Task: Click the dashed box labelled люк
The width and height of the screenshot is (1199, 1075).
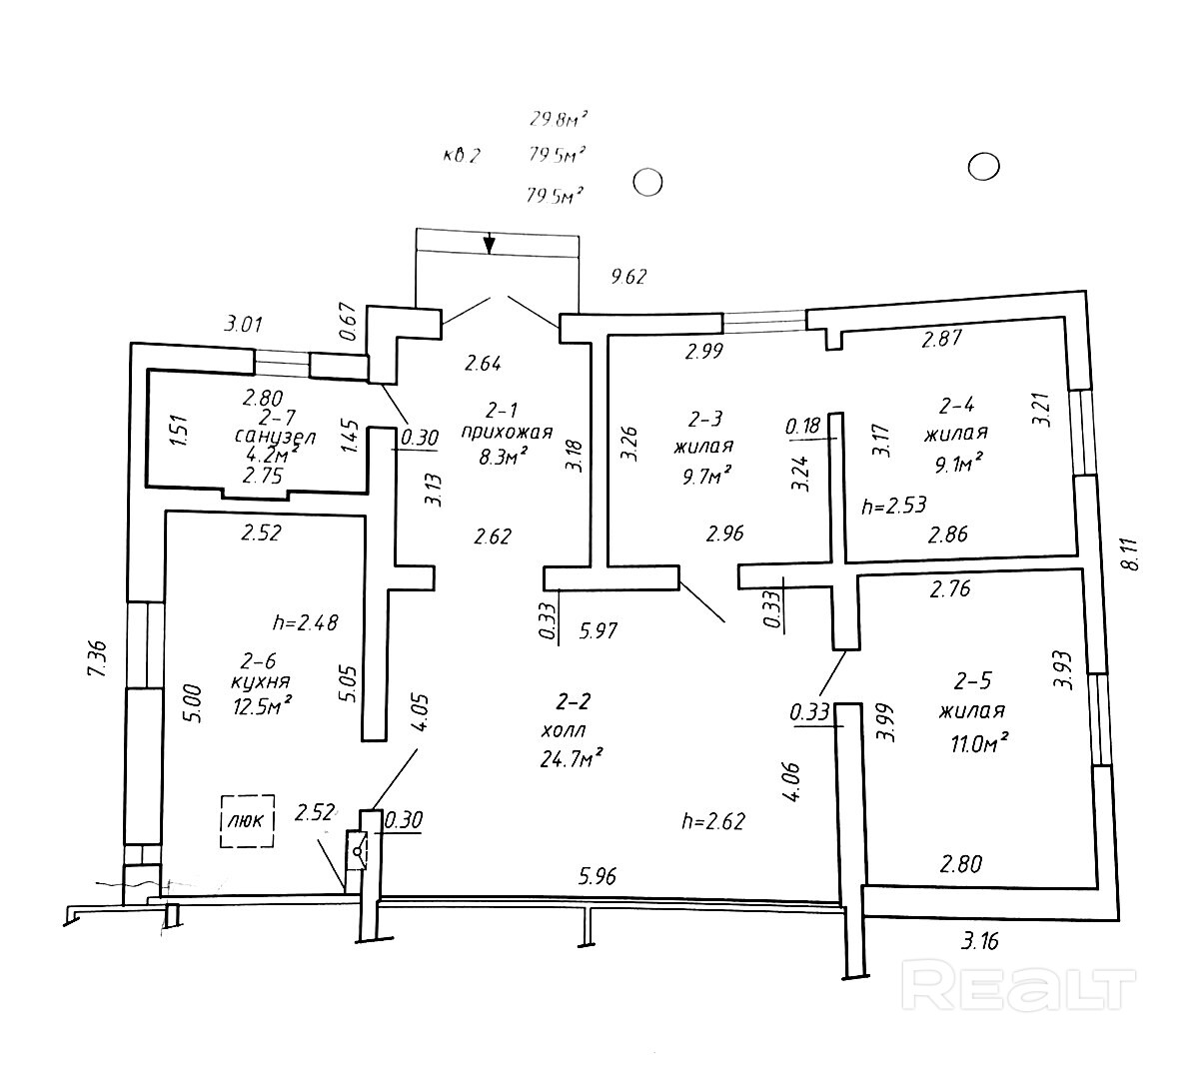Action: pos(248,820)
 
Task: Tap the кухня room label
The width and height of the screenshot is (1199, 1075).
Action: pos(260,682)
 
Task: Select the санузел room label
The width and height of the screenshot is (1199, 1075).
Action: pos(275,437)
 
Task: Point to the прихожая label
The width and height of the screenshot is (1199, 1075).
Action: pos(506,433)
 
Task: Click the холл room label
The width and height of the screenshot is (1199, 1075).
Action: pos(564,730)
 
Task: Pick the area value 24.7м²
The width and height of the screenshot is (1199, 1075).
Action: pos(572,757)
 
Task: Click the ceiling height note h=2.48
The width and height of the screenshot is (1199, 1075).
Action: pos(305,622)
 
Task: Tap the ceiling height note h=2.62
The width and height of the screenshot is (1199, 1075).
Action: pos(713,821)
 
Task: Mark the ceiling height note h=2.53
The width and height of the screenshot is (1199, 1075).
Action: pos(893,505)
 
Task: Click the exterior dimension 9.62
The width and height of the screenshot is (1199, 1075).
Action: pos(628,277)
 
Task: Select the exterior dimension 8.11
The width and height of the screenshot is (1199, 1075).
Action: pos(1131,553)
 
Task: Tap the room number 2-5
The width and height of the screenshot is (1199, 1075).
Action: pos(972,681)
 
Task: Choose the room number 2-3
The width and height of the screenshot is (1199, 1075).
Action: pos(704,419)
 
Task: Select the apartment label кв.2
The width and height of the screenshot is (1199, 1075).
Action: pos(462,156)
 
